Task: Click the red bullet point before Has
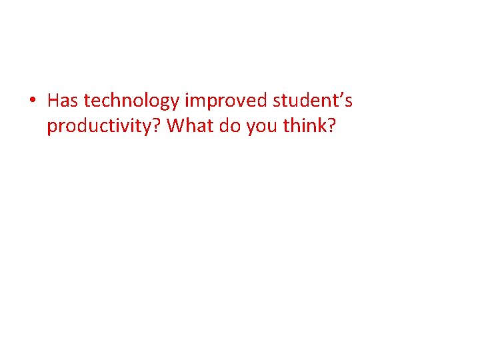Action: coord(32,102)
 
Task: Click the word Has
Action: coord(63,101)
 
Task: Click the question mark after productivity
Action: coord(159,125)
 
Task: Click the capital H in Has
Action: coord(53,101)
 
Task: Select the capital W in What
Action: coord(175,125)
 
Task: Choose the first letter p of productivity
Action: coord(51,128)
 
